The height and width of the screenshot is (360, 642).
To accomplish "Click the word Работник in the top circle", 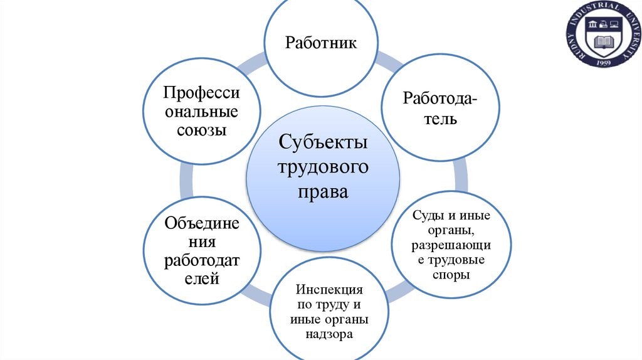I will [x=321, y=43].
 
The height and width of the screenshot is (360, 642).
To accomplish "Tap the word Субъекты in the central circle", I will [x=323, y=142].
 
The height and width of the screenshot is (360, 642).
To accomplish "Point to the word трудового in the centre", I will [x=323, y=166].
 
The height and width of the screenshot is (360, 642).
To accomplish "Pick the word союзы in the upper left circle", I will [x=201, y=131].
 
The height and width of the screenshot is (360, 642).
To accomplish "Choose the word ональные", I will [x=201, y=112].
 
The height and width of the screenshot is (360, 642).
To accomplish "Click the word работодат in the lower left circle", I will [x=201, y=260].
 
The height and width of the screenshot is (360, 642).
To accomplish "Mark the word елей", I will [x=201, y=278].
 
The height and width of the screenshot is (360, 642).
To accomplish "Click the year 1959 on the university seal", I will [x=604, y=63].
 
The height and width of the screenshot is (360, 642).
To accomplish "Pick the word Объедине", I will [x=201, y=223].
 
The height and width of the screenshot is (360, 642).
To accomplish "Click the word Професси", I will [x=201, y=93].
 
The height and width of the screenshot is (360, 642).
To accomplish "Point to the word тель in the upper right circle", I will [x=438, y=117].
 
